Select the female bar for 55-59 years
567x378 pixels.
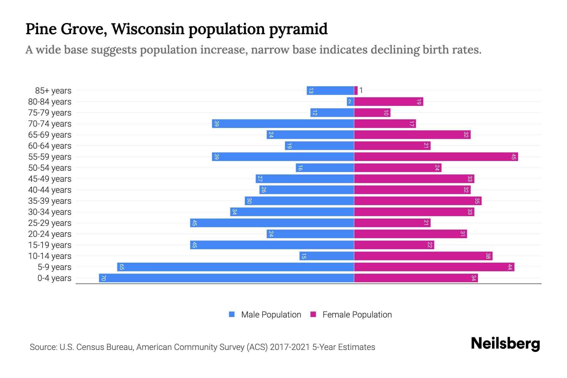[x=436, y=157]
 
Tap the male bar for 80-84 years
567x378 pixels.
[x=350, y=102]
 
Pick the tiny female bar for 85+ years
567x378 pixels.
[x=356, y=91]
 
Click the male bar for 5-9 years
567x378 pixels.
[x=236, y=267]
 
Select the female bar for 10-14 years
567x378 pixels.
[x=423, y=256]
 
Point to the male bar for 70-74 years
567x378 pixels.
[x=283, y=124]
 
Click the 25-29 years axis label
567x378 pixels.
[x=50, y=223]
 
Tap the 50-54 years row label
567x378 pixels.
[x=50, y=168]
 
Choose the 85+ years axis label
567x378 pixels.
[x=53, y=91]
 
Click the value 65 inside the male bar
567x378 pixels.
[x=122, y=267]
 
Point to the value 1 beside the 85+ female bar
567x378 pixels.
[x=361, y=91]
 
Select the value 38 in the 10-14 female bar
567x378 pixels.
[x=488, y=256]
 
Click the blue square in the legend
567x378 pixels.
[x=232, y=314]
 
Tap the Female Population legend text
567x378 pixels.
[x=357, y=315]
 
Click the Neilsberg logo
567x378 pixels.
[x=505, y=344]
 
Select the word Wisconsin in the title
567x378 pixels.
[x=148, y=29]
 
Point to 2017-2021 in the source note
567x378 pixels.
[x=290, y=347]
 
